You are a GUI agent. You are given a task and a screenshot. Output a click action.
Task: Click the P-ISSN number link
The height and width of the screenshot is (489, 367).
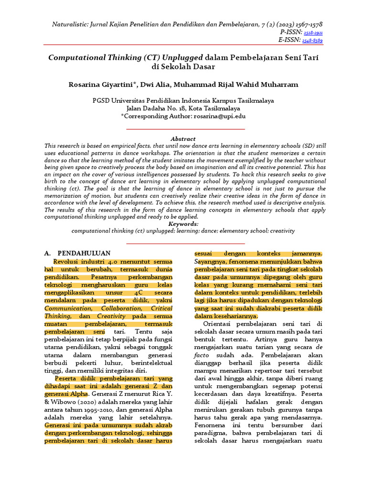click(313, 32)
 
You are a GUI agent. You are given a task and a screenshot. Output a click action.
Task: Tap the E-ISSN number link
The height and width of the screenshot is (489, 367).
click(313, 41)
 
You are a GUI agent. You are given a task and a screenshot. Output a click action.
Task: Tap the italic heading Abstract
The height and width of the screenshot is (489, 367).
click(183, 139)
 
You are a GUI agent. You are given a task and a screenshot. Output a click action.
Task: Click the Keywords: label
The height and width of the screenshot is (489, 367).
click(183, 223)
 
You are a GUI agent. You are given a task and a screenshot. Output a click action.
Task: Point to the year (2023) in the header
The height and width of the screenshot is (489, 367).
click(272, 24)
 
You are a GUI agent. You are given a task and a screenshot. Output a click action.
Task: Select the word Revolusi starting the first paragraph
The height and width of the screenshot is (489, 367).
click(67, 262)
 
